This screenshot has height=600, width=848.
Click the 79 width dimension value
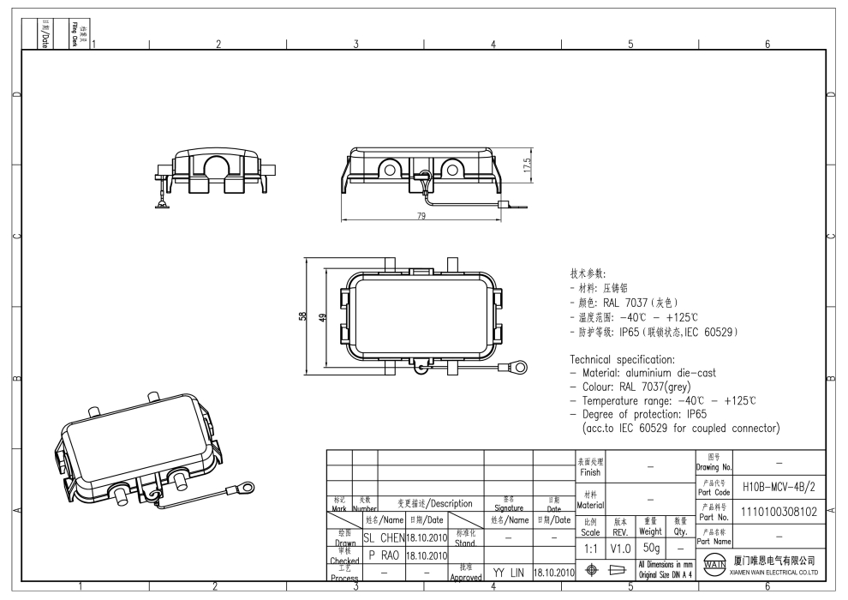pos(421,215)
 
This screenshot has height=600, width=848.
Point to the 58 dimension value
pos(302,316)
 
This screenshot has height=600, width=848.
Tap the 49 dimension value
pos(321,316)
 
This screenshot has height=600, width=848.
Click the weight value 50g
pos(650,547)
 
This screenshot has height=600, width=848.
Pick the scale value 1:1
pos(590,547)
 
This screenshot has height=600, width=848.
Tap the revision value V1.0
pos(620,547)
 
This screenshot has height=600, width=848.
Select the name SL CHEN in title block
pos(383,537)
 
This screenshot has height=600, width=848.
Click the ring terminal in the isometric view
pos(246,489)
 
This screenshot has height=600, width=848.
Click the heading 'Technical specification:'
pos(622,359)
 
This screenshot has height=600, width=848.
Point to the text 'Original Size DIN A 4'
pos(665,574)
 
